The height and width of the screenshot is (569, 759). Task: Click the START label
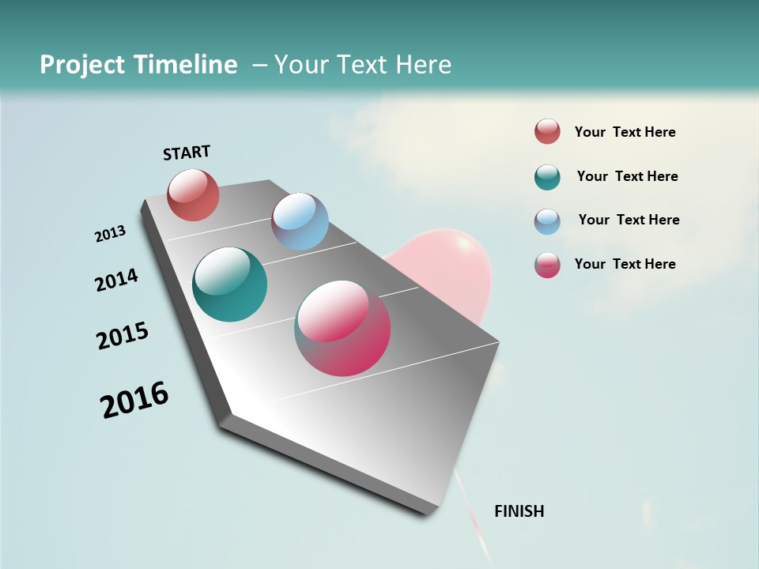click(x=187, y=153)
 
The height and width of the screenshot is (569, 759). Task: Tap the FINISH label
click(x=519, y=511)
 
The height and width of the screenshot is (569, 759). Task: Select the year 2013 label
click(x=110, y=234)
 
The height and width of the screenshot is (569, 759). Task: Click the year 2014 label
click(x=116, y=280)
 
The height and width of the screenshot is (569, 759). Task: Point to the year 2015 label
click(x=123, y=336)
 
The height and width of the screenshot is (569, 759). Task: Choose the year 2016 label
click(x=134, y=400)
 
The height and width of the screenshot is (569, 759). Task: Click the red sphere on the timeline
click(x=193, y=194)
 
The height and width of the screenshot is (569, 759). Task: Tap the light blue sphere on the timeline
click(x=300, y=221)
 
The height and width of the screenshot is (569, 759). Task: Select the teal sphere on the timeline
click(x=229, y=284)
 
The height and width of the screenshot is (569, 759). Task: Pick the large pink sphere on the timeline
click(x=342, y=328)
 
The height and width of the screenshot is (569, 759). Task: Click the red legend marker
click(x=547, y=131)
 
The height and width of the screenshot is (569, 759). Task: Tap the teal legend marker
click(x=547, y=177)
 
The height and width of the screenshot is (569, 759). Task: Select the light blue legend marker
click(x=547, y=221)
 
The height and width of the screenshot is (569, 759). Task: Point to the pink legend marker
click(x=547, y=265)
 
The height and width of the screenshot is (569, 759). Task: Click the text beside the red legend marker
click(x=625, y=132)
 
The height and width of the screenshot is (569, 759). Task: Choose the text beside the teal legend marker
click(x=627, y=176)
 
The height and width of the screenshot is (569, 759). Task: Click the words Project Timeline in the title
click(x=138, y=65)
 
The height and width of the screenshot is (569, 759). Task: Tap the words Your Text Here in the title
click(x=362, y=65)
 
